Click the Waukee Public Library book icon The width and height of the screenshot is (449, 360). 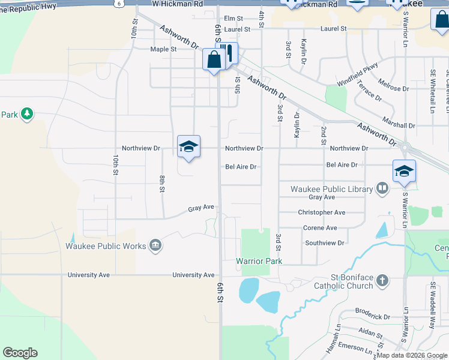click(381, 189)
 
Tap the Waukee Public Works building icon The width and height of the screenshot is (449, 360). click(155, 245)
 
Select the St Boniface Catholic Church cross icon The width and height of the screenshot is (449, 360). click(382, 280)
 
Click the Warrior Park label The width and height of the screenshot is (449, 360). click(259, 261)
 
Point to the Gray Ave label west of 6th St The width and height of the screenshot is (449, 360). click(200, 208)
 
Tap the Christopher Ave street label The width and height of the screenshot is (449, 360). click(322, 212)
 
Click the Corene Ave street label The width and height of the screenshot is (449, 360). click(320, 228)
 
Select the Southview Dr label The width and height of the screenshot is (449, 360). click(325, 243)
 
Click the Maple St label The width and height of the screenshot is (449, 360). click(163, 49)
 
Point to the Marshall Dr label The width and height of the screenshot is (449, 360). click(399, 126)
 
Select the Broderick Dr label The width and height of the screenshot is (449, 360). click(372, 317)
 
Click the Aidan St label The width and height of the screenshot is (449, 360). click(370, 333)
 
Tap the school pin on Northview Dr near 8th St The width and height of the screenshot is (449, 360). click(188, 146)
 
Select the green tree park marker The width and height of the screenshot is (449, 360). click(26, 113)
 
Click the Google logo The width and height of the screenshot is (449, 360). click(20, 353)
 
